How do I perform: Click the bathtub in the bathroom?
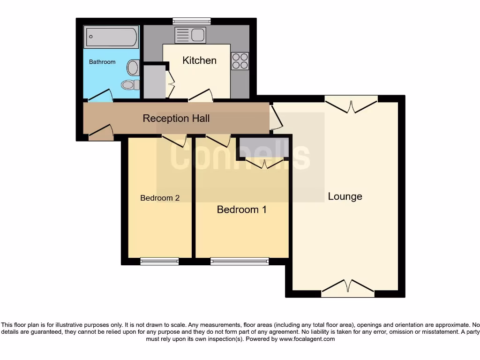pos(111,37)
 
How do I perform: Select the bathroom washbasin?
pos(133,67)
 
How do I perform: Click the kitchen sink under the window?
pos(190,35)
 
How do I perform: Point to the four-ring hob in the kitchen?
pos(240,61)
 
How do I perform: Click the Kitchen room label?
pos(199,60)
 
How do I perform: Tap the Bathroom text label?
pos(102,62)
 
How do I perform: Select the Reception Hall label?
pos(176,118)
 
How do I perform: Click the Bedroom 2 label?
pos(160,198)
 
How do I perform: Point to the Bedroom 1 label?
pos(241,210)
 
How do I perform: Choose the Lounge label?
pos(345,196)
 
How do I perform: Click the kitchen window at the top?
pos(191,21)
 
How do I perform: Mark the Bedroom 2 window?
pos(159,261)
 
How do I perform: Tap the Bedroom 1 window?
pos(240,261)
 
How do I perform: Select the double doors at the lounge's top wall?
pos(351,104)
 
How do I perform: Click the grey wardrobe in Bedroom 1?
pos(264,147)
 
